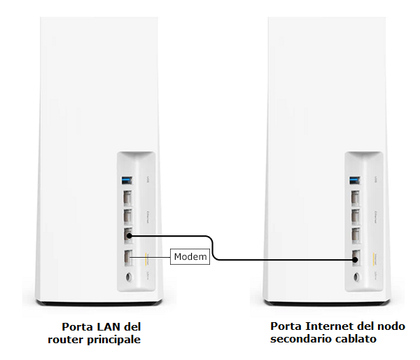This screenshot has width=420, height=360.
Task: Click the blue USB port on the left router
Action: tap(128, 180)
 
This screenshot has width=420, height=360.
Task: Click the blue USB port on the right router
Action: tap(356, 180)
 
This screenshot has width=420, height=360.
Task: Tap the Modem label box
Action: tap(190, 257)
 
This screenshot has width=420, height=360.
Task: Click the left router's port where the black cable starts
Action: tap(129, 237)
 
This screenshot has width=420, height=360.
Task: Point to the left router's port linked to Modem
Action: tap(129, 257)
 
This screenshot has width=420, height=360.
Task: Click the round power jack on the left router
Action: tap(128, 277)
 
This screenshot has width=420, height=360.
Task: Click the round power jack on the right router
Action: tap(356, 277)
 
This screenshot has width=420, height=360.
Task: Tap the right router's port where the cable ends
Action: tap(356, 257)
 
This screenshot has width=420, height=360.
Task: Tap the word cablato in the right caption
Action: tap(357, 339)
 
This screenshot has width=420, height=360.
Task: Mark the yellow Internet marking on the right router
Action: tap(376, 257)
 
